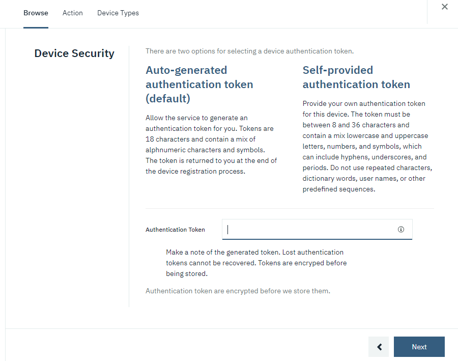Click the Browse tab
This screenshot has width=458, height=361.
pos(36,13)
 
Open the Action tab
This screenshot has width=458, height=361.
pos(73,13)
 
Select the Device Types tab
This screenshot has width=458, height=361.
pos(118,13)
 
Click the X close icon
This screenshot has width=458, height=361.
pos(445,7)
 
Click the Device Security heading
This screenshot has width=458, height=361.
pos(74,53)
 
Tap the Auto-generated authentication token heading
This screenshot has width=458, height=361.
pos(199,84)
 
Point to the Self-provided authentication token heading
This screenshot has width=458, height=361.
pos(356,77)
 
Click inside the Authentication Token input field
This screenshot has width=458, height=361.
pos(308,230)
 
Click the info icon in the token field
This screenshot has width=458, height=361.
pos(401,230)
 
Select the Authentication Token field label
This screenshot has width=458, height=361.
pos(175,230)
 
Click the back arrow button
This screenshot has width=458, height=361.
pos(379,347)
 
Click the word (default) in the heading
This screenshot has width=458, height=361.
pos(168,98)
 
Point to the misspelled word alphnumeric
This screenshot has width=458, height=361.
pos(167,150)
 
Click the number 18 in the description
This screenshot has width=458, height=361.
pos(150,139)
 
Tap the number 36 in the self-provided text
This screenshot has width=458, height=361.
pos(356,125)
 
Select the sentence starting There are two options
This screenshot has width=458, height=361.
pos(249,51)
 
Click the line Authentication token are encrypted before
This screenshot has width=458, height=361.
pos(238,291)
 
